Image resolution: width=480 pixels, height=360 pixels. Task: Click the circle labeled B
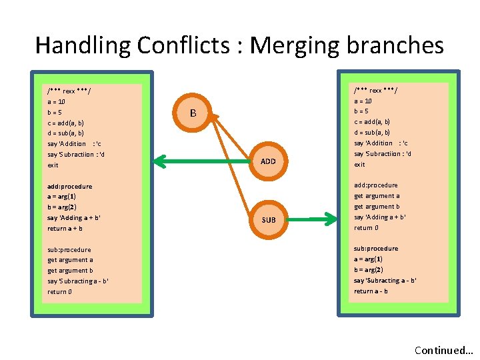coord(193,113)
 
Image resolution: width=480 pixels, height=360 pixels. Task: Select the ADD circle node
coord(268,161)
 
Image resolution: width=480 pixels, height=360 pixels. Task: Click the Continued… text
coord(443,350)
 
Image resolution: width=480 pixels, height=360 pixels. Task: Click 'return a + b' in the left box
coord(65,229)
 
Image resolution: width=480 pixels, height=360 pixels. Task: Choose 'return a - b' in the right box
coord(371,291)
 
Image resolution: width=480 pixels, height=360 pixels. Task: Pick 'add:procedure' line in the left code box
coord(70,187)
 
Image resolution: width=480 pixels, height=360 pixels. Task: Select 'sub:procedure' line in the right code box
coord(376,249)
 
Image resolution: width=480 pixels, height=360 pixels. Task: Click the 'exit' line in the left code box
coord(53,165)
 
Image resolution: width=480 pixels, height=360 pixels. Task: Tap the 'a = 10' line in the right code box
coord(363,101)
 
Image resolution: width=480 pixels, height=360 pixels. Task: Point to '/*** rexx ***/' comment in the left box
coord(69,91)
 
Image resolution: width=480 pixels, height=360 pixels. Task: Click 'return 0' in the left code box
coord(60,292)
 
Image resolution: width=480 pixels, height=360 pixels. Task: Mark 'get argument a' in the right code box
coord(377,196)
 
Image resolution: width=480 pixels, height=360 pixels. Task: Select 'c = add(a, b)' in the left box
coord(66,123)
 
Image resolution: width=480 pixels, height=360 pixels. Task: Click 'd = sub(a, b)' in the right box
coord(372,132)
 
